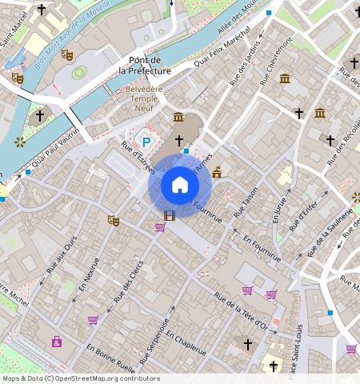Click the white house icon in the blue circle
point(180,186)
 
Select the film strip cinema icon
point(169,214)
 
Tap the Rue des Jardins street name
point(245,63)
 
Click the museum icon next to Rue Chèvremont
point(286,78)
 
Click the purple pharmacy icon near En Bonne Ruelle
point(57,342)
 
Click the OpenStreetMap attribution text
point(81,378)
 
